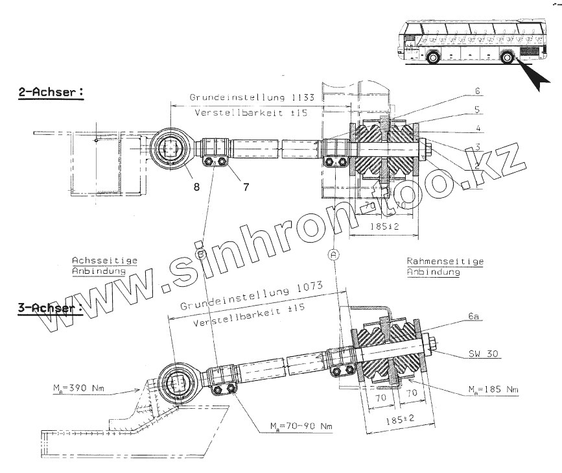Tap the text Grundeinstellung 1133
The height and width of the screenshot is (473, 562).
click(252, 97)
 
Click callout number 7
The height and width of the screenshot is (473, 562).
click(245, 186)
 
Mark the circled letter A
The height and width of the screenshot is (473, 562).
click(333, 254)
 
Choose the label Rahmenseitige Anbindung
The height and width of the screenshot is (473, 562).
click(445, 267)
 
